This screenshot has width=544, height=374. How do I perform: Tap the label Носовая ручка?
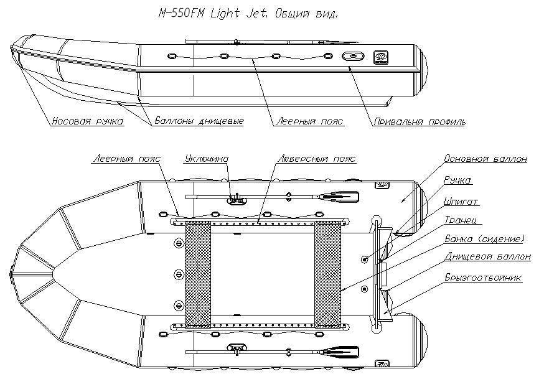click(x=88, y=121)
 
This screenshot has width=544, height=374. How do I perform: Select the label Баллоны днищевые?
click(x=199, y=121)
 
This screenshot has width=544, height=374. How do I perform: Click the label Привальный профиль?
click(x=420, y=121)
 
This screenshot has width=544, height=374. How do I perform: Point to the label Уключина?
click(x=207, y=159)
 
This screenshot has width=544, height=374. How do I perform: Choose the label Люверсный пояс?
click(x=317, y=159)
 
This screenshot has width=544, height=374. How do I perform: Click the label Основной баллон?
click(x=485, y=159)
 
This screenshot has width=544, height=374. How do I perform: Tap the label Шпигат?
click(x=461, y=201)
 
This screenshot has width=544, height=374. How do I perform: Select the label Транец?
click(x=461, y=220)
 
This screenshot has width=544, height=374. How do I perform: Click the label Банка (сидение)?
click(x=485, y=239)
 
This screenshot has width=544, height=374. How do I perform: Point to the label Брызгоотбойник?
click(x=483, y=278)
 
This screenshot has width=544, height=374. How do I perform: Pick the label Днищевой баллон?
click(x=488, y=257)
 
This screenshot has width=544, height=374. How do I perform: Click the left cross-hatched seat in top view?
click(x=198, y=274)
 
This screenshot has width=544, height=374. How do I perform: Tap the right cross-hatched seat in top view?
click(x=327, y=274)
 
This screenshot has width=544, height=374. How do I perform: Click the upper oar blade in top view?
click(x=340, y=197)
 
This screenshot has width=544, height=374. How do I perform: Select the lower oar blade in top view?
click(x=340, y=352)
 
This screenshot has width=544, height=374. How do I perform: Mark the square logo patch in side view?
click(x=380, y=57)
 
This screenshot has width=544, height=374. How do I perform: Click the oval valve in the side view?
click(x=353, y=57)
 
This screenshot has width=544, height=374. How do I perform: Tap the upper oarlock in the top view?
click(x=237, y=199)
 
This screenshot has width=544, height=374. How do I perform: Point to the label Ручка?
click(x=457, y=180)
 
